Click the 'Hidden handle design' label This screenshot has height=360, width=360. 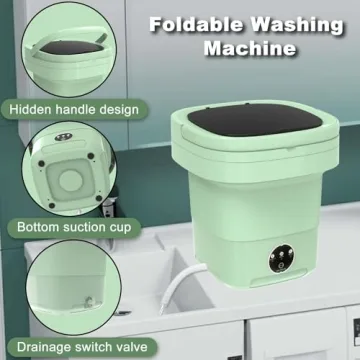point(75,108)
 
